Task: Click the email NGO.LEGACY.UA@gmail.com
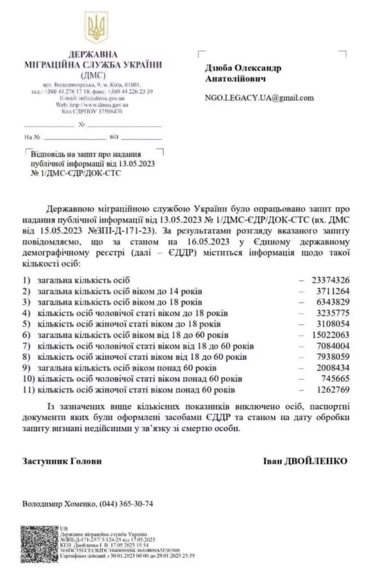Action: [x=259, y=97]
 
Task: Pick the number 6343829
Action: [x=333, y=302]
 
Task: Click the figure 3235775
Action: [x=333, y=313]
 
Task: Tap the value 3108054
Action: [x=333, y=323]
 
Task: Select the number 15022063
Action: [x=330, y=335]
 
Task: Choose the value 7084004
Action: [x=333, y=346]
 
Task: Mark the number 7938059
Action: [x=333, y=356]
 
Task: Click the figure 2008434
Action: [x=333, y=368]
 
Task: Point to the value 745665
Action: [x=335, y=378]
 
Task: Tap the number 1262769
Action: [x=333, y=389]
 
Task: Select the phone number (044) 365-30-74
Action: [x=126, y=503]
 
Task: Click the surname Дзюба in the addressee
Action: [x=221, y=68]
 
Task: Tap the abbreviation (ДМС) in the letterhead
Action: [x=93, y=74]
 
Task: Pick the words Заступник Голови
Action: [x=63, y=461]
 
